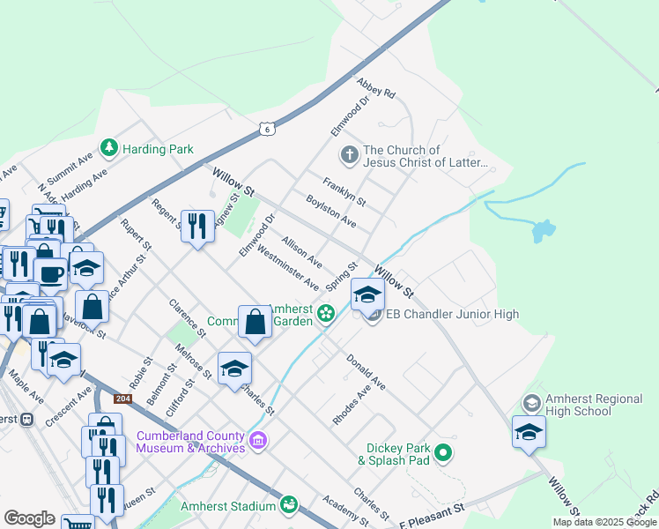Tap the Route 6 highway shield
[267, 129]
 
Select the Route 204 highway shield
[123, 399]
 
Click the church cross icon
[349, 155]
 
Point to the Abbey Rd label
[375, 88]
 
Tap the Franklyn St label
[344, 193]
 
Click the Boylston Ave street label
[330, 211]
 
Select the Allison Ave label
[301, 252]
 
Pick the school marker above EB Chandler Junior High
[367, 294]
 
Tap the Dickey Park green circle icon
[444, 453]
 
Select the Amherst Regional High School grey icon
[531, 403]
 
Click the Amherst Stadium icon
[288, 505]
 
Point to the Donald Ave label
[366, 372]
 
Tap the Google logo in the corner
[28, 518]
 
